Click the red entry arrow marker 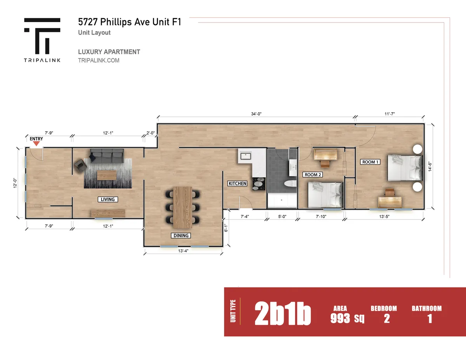point(36,144)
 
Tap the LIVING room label point(108,199)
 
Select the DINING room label point(181,236)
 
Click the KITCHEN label point(237,184)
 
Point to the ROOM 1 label point(370,162)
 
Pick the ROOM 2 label point(313,174)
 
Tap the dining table point(183,207)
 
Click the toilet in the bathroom point(290,184)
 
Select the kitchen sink point(246,156)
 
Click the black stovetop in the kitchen point(259,184)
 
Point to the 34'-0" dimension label point(256,114)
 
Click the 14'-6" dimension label point(430,166)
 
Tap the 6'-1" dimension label point(226,228)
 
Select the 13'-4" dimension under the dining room point(183,251)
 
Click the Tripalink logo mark point(42,36)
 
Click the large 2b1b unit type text point(283,314)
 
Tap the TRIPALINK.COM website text point(99,61)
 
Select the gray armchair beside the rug point(80,166)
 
